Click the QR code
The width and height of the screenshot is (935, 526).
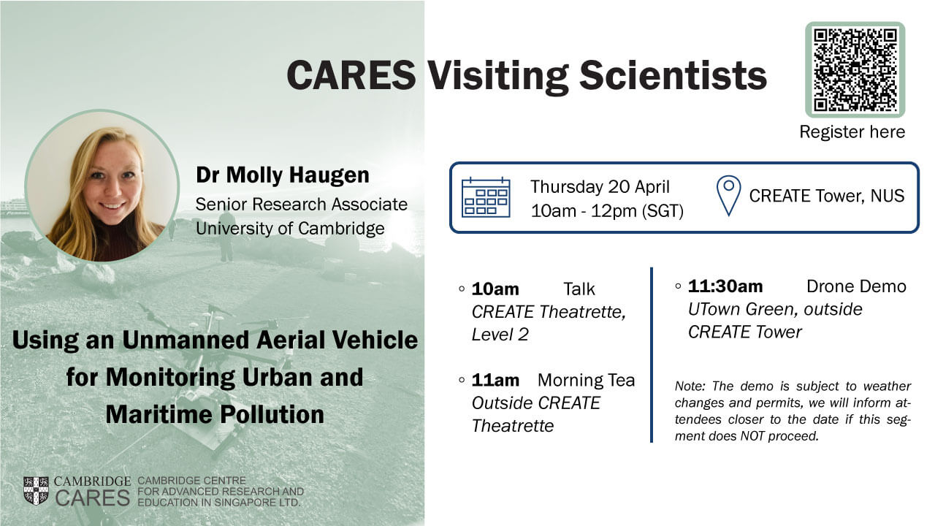855,69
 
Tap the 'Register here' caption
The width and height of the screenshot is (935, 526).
852,132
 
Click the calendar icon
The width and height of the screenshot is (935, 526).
486,197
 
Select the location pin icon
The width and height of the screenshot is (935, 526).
728,195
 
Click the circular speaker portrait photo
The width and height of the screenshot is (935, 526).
102,186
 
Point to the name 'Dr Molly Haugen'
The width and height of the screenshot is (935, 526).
283,175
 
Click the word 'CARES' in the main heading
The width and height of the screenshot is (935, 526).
351,75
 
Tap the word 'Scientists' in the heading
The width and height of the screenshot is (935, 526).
673,75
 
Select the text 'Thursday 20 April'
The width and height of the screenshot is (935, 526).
600,186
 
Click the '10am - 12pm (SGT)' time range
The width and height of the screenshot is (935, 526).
607,211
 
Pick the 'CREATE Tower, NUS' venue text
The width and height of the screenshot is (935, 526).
826,196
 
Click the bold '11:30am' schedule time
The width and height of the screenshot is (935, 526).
725,286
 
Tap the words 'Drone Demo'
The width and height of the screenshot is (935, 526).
856,286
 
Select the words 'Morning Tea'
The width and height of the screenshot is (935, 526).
586,380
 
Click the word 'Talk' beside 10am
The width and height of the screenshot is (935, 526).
579,289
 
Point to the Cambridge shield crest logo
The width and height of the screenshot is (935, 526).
36,491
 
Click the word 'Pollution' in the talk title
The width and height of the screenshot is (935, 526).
272,414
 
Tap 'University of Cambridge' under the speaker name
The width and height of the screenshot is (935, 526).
290,229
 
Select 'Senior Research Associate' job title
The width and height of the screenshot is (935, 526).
302,204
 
